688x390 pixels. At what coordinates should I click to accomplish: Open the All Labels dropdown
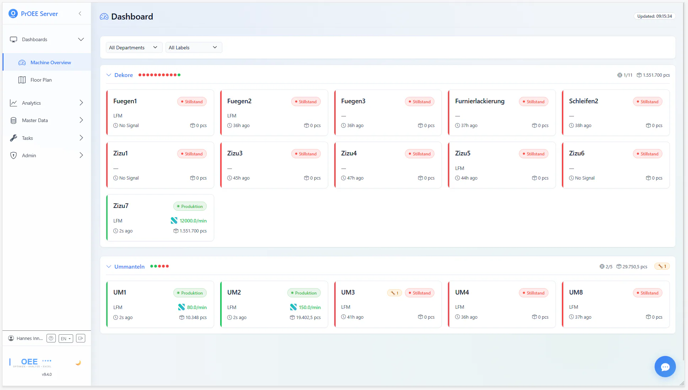coord(193,48)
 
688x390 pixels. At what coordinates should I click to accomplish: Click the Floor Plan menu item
coord(41,80)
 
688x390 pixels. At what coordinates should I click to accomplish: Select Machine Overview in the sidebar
coord(50,62)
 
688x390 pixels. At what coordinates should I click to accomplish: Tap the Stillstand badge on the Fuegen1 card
coord(192,102)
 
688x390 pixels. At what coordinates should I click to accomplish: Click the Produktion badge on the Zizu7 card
coord(190,207)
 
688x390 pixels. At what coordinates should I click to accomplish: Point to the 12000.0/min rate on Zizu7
coord(193,221)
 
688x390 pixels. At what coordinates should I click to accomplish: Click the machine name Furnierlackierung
coord(480,101)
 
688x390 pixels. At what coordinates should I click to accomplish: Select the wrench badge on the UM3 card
coord(395,293)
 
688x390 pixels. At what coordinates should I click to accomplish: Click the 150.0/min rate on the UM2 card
coord(309,307)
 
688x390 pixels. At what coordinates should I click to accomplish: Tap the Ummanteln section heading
coord(129,267)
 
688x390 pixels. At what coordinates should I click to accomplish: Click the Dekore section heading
coord(123,75)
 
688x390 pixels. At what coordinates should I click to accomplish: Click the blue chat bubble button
coord(665,367)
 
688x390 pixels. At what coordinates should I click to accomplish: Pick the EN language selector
coord(66,339)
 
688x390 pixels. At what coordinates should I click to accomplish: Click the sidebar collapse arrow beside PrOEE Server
coord(80,14)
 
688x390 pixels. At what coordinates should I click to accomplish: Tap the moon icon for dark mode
coord(78,363)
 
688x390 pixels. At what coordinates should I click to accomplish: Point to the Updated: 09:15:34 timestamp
coord(654,16)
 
